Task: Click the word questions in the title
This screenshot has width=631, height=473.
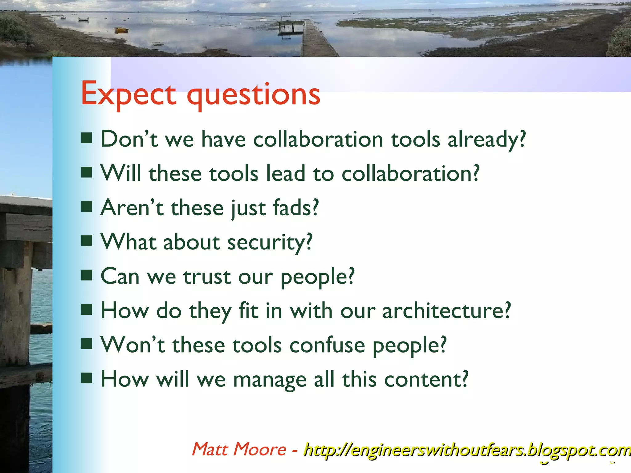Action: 254,95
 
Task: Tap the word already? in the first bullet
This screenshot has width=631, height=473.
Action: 486,139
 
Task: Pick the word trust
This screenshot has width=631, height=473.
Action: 207,276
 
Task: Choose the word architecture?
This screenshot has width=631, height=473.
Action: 446,310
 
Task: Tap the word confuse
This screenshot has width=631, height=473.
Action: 327,345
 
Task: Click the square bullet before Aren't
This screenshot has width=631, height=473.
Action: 87,207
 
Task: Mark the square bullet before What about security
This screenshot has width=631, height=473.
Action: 87,241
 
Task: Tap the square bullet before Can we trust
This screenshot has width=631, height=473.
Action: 87,275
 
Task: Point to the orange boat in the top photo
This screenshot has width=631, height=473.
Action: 121,30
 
